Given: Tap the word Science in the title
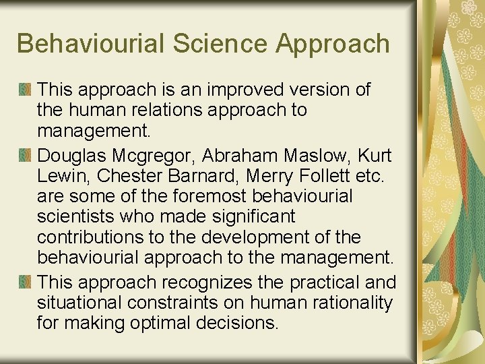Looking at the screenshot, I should (212, 43).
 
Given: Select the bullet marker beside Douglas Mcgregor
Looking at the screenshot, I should (25, 156).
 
